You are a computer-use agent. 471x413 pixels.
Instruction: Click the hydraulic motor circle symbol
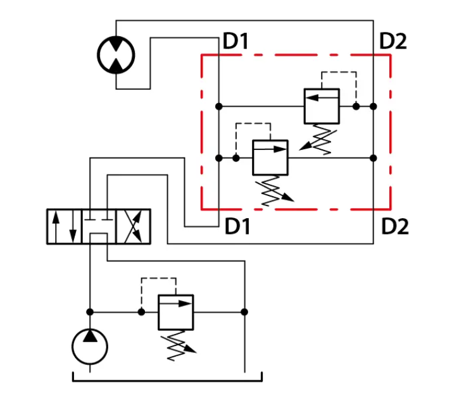(x=116, y=36)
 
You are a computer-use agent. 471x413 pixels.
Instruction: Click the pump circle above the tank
(x=90, y=330)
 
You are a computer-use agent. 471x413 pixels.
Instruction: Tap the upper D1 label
(x=235, y=41)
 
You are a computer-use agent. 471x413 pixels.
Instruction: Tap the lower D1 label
(x=237, y=226)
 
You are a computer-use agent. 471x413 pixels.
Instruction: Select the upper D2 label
(x=393, y=41)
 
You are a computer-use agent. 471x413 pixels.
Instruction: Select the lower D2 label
(x=394, y=226)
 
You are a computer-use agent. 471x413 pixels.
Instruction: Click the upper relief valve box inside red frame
(x=322, y=106)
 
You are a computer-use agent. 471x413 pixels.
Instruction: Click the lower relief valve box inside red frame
(x=270, y=157)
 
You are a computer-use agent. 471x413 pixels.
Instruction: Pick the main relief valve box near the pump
(x=176, y=312)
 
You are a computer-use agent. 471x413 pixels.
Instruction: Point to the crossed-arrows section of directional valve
(x=133, y=226)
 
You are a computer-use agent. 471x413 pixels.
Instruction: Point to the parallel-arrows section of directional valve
(x=65, y=226)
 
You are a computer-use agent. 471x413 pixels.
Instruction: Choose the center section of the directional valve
(x=99, y=226)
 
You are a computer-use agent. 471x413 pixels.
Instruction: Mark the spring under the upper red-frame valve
(x=319, y=139)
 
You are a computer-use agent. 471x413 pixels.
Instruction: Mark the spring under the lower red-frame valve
(x=274, y=191)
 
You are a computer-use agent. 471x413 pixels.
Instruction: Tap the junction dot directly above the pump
(x=90, y=312)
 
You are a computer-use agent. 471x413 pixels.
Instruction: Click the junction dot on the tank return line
(x=244, y=312)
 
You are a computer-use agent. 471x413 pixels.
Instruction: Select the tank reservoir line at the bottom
(x=167, y=381)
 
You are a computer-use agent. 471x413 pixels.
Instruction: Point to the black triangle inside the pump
(x=90, y=336)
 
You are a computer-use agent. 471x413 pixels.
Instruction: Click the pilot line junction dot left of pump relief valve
(x=141, y=312)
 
